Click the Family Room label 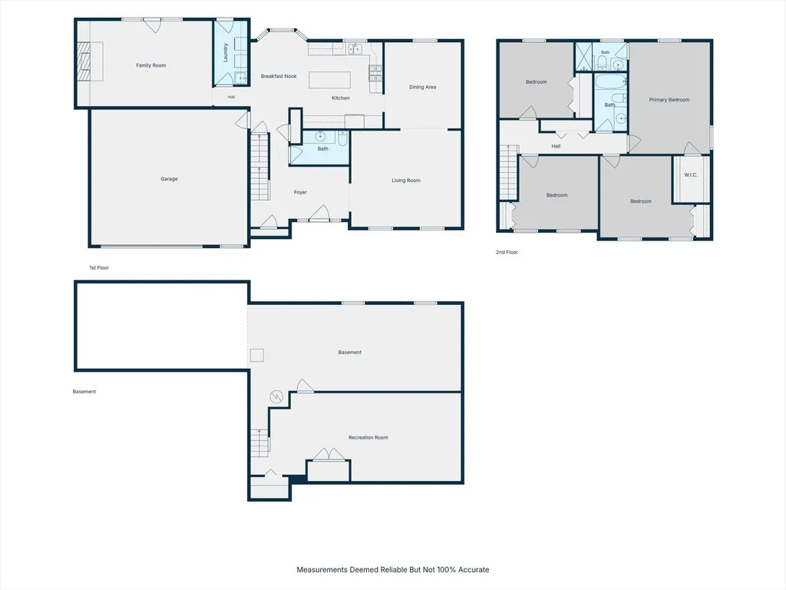pyautogui.click(x=151, y=65)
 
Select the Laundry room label pyautogui.click(x=226, y=53)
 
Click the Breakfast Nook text pyautogui.click(x=279, y=76)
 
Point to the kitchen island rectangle pyautogui.click(x=329, y=80)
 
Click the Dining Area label pyautogui.click(x=423, y=87)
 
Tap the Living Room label pyautogui.click(x=406, y=181)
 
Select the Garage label pyautogui.click(x=169, y=178)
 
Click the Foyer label pyautogui.click(x=300, y=192)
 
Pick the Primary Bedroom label pyautogui.click(x=669, y=100)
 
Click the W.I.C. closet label pyautogui.click(x=691, y=175)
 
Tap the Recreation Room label pyautogui.click(x=368, y=437)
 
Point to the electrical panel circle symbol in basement pyautogui.click(x=276, y=397)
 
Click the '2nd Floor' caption pyautogui.click(x=507, y=252)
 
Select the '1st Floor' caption pyautogui.click(x=99, y=268)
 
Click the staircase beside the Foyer pyautogui.click(x=259, y=166)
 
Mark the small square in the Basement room pyautogui.click(x=257, y=355)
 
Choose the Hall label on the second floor pyautogui.click(x=556, y=147)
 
